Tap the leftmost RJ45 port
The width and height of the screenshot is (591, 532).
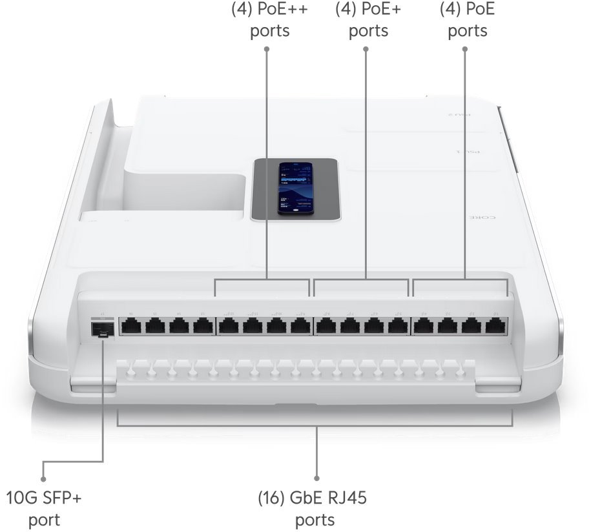pyautogui.click(x=131, y=326)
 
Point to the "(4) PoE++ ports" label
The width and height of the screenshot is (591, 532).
pyautogui.click(x=270, y=21)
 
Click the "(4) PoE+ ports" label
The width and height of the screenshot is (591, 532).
pyautogui.click(x=368, y=21)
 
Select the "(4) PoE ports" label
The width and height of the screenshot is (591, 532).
pyautogui.click(x=467, y=21)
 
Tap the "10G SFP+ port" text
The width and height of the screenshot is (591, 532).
pyautogui.click(x=44, y=509)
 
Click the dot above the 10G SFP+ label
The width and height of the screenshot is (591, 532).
pyautogui.click(x=43, y=479)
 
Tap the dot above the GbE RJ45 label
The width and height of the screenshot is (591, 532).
pyautogui.click(x=316, y=478)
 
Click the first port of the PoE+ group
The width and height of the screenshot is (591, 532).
pyautogui.click(x=326, y=326)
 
